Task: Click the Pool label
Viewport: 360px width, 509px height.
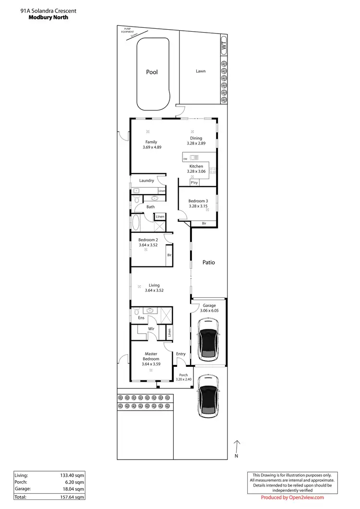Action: click(152, 73)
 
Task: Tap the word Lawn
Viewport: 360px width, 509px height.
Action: click(201, 71)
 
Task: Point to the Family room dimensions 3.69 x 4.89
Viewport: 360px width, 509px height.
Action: click(152, 147)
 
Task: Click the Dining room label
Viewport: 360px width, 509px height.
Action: click(196, 138)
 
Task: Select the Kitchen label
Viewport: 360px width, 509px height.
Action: click(196, 167)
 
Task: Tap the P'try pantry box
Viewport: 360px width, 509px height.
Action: click(194, 183)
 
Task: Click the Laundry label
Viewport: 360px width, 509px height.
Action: click(146, 181)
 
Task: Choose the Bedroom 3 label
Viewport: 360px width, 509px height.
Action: click(198, 201)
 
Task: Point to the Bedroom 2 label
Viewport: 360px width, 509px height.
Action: click(148, 240)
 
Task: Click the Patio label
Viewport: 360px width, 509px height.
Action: click(208, 263)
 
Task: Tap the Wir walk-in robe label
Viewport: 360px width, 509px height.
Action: click(150, 328)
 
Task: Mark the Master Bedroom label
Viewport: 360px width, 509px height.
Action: click(151, 356)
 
